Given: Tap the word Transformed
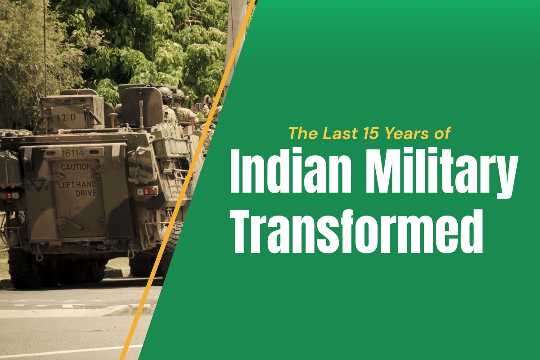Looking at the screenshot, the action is (356, 231).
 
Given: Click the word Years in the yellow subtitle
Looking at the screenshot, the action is (407, 133).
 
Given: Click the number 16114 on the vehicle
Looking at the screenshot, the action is (72, 153).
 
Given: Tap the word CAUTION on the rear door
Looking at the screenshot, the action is (76, 167).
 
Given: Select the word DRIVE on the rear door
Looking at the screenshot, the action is (86, 193).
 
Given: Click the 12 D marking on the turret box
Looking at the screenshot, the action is (67, 118).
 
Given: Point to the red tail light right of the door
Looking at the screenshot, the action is (147, 192).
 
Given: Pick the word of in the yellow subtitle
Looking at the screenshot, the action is (443, 133).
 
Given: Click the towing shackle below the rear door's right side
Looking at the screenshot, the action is (131, 254).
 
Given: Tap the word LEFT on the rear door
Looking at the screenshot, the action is (67, 185).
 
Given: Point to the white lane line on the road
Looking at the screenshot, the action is (70, 351).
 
